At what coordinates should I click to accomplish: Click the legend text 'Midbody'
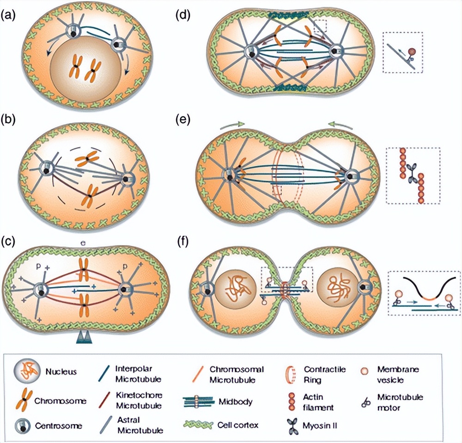coord(240,402)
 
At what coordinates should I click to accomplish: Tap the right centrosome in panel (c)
coord(126,290)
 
